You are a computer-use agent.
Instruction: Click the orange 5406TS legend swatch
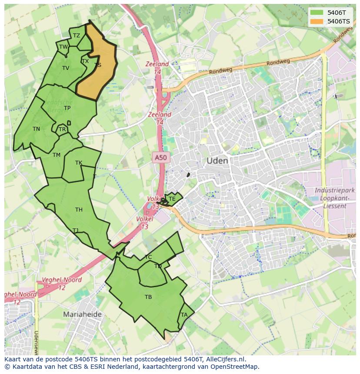[317, 21]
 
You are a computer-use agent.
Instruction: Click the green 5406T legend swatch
[317, 13]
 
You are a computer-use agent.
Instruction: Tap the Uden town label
[217, 161]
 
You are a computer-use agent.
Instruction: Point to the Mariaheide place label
[82, 314]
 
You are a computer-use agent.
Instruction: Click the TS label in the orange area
[97, 65]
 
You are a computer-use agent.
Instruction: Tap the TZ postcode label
[77, 36]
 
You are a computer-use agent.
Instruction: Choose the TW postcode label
[63, 47]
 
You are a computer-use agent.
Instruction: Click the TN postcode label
[36, 129]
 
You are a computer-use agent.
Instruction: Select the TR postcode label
[62, 129]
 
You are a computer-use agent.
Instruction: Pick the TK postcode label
[79, 163]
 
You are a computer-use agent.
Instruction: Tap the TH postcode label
[79, 210]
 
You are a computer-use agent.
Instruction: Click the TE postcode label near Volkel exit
[172, 199]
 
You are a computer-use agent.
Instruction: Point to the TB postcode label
[148, 297]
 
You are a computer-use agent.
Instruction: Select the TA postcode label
[184, 315]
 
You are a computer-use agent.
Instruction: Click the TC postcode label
[148, 257]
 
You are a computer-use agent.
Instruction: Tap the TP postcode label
[67, 108]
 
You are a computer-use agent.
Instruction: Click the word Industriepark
[334, 190]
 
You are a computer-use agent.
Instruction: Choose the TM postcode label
[57, 155]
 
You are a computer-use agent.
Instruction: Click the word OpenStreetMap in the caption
[234, 367]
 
